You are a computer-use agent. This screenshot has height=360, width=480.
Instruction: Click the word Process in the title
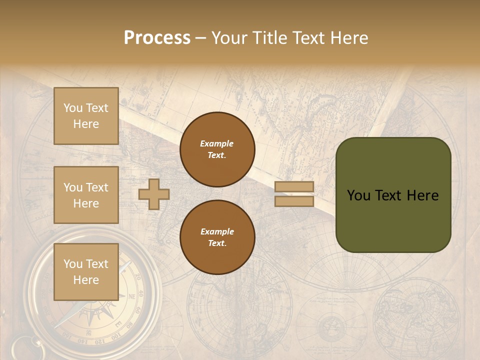click(x=157, y=38)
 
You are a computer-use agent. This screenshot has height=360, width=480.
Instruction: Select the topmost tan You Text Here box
click(x=86, y=116)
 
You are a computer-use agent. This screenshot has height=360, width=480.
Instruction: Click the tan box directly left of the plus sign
click(x=86, y=195)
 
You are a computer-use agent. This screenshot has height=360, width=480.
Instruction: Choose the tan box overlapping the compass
click(x=86, y=271)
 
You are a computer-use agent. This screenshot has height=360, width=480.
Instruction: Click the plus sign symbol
click(x=154, y=194)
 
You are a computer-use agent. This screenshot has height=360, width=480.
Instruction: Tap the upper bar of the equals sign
click(x=294, y=187)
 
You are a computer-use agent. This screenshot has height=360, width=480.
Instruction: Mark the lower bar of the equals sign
click(x=294, y=201)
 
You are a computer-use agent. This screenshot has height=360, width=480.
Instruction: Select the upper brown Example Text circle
click(x=217, y=149)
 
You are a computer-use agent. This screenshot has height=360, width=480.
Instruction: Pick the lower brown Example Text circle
click(x=217, y=237)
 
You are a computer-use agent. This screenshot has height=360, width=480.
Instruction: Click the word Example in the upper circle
click(x=217, y=143)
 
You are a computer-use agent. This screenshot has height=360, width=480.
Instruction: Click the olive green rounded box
click(x=393, y=195)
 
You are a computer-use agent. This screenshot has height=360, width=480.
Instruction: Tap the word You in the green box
click(x=358, y=195)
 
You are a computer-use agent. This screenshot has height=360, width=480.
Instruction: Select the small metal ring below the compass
click(x=22, y=346)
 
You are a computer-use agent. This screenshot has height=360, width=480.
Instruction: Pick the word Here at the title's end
click(x=350, y=38)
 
